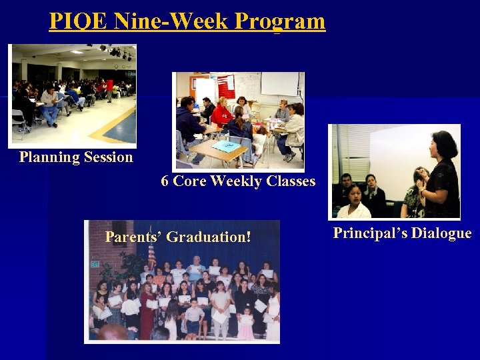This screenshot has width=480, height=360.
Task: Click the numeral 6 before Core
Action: [165, 181]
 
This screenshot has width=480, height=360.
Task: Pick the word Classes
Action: [289, 181]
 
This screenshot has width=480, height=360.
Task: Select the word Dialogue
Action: [441, 233]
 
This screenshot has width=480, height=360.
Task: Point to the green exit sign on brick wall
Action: [95, 264]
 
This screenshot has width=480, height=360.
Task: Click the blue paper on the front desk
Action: [227, 146]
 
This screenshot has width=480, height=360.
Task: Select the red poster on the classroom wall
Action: [226, 86]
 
